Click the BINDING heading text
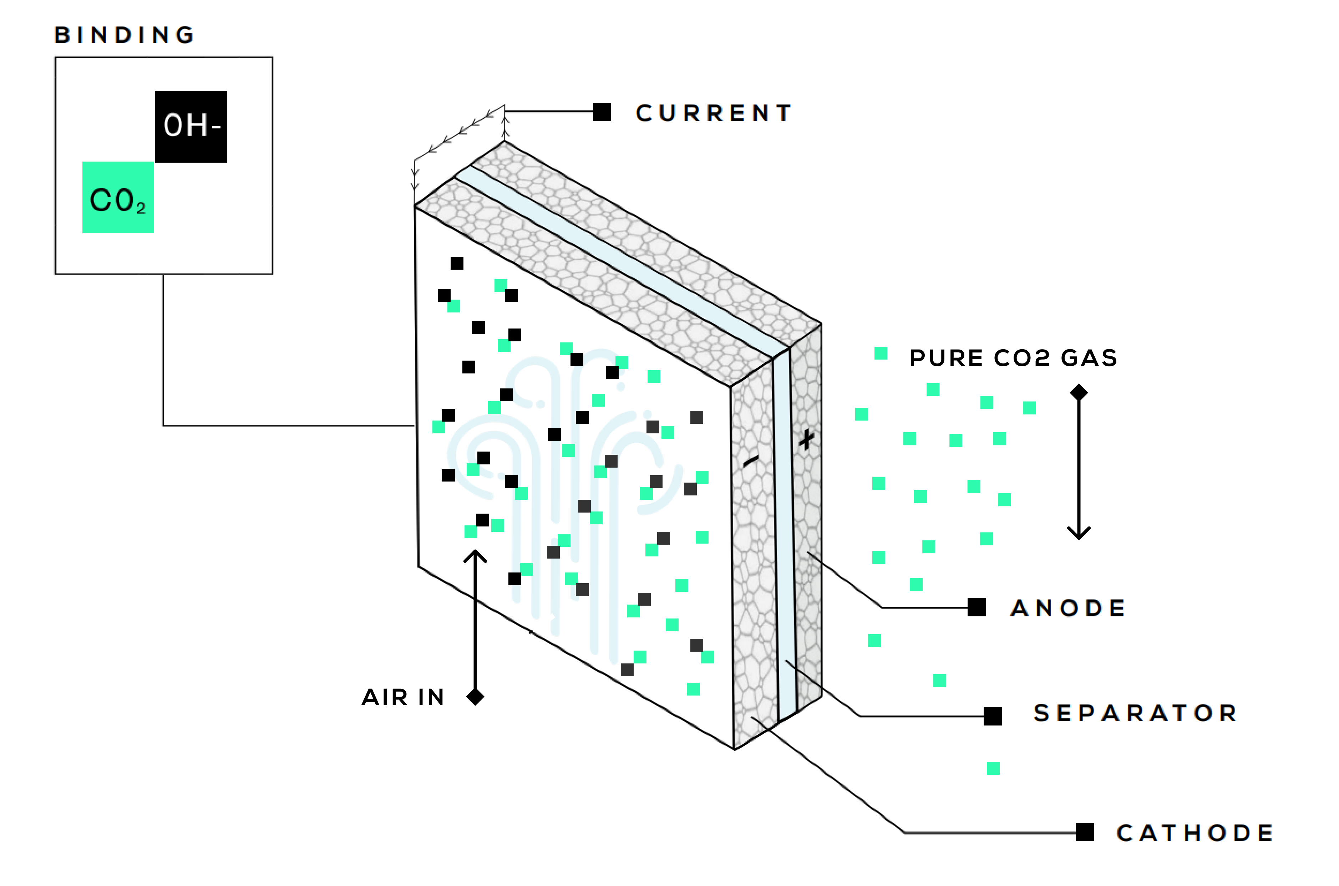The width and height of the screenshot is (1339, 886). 125,35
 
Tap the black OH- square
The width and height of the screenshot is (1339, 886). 191,127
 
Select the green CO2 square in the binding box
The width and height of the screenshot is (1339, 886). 118,198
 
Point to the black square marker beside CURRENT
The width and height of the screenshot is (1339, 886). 602,112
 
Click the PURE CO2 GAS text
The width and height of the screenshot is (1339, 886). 1013,358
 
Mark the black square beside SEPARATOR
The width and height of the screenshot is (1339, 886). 993,716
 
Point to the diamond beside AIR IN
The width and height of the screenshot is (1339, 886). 475,697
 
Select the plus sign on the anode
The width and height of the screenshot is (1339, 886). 807,439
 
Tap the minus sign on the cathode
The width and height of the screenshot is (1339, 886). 751,462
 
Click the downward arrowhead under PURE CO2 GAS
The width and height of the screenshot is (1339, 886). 1079,535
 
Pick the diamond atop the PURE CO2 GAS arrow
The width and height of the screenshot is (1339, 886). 1079,392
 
